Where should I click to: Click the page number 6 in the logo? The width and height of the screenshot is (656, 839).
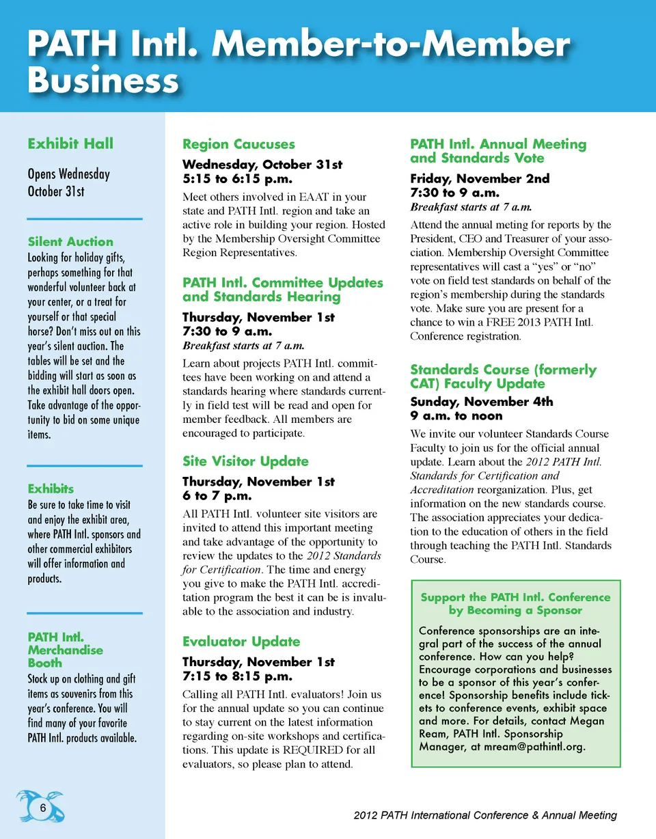42,808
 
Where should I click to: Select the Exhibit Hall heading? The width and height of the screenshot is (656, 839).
70,143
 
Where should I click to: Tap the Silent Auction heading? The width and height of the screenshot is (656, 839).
70,241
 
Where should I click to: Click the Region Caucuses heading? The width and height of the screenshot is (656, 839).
238,144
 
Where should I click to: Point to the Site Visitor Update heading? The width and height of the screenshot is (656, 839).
245,461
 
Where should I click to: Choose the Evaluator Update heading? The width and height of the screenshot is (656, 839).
241,642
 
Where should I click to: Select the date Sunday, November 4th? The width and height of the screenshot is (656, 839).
482,402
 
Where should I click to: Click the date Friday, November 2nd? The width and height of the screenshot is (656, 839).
480,178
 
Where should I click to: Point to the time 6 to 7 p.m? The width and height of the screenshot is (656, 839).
217,495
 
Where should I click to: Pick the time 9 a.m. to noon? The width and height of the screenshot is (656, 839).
456,415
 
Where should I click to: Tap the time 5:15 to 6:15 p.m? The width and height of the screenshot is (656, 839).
237,178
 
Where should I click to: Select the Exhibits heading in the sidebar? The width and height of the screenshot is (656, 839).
51,489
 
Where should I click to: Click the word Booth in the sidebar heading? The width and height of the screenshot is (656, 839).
44,663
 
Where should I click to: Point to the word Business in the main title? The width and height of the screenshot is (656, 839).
102,80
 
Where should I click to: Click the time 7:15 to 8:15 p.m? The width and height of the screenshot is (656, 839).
237,676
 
